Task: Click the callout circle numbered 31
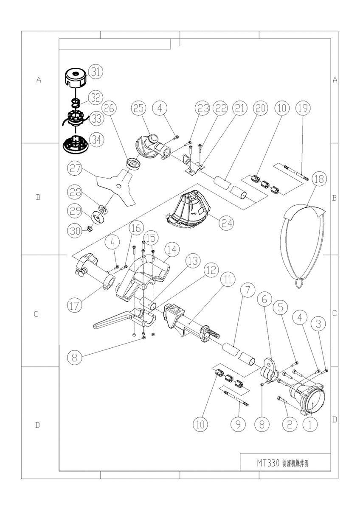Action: [95, 73]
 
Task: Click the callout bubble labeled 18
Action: [319, 179]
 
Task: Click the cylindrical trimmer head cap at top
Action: [75, 78]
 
